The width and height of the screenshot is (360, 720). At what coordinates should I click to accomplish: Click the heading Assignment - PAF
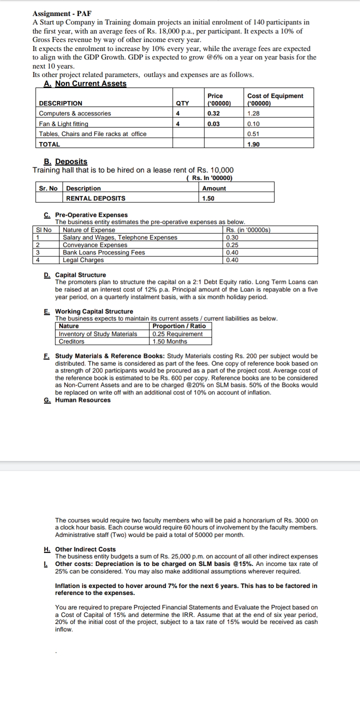[x=62, y=14]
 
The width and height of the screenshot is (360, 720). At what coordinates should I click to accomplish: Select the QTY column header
[x=182, y=103]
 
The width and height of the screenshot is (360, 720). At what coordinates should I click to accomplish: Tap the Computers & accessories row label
[x=75, y=113]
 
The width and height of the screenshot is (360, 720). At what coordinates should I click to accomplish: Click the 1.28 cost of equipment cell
[x=253, y=113]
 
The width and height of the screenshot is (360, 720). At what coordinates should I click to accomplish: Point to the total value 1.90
[x=253, y=144]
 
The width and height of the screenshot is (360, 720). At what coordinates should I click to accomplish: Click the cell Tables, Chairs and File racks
[x=92, y=134]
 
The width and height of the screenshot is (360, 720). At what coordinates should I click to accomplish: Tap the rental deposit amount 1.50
[x=208, y=198]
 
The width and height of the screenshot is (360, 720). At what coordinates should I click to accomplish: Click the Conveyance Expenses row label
[x=95, y=245]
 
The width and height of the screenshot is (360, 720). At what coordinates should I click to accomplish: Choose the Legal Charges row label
[x=83, y=260]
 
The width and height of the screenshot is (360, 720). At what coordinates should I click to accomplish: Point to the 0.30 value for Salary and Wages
[x=232, y=237]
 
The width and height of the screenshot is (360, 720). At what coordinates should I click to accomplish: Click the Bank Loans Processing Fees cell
[x=103, y=252]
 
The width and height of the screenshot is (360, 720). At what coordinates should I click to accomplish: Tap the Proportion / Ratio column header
[x=179, y=326]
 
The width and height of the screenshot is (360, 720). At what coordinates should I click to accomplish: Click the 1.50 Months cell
[x=170, y=341]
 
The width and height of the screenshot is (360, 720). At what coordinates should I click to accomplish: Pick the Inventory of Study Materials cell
[x=98, y=334]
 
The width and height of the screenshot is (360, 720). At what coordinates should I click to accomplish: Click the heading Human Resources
[x=82, y=400]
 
